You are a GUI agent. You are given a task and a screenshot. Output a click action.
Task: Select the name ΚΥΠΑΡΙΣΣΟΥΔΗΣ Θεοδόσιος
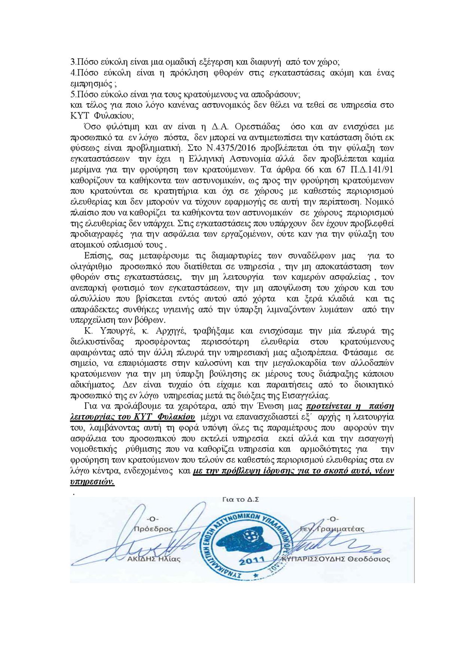pos(340,559)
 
